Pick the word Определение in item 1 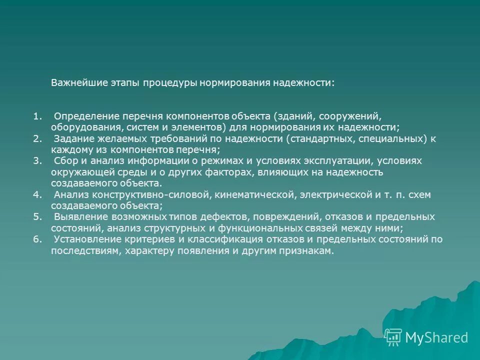(82, 117)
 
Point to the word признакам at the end (306, 250)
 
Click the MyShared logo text (436, 337)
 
